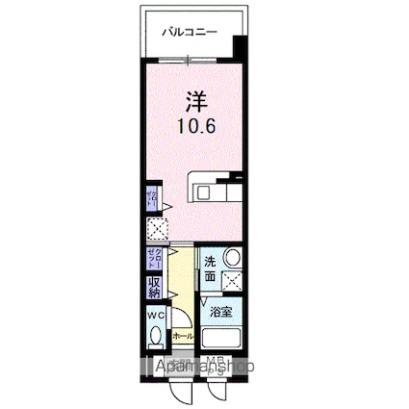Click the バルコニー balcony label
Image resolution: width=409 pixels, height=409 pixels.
tap(188, 32)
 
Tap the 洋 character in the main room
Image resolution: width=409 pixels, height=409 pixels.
tap(194, 99)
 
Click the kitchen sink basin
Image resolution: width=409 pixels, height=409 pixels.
tap(204, 192)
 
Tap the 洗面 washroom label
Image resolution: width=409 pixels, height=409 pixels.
tap(210, 269)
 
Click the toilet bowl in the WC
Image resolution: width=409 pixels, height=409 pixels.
tap(157, 338)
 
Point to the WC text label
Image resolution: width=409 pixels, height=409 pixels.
tap(155, 315)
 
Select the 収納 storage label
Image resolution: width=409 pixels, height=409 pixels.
tap(154, 288)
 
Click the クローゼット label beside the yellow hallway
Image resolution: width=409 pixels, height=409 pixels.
tap(154, 257)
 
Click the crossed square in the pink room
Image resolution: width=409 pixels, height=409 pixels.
tap(157, 229)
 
